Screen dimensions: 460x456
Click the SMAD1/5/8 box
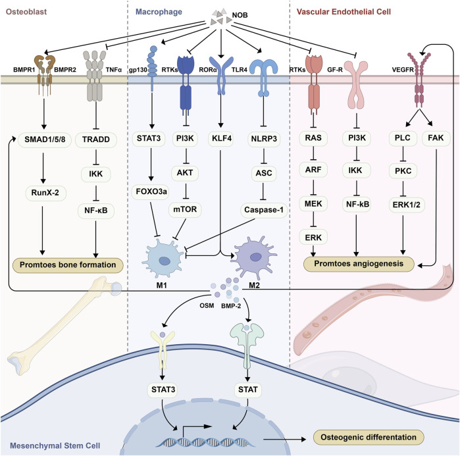click(45, 139)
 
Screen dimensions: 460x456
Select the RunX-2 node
click(45, 193)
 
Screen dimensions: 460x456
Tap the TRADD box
click(96, 139)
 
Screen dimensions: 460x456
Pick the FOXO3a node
click(151, 191)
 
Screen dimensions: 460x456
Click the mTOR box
click(185, 209)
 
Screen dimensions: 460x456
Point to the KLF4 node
click(222, 138)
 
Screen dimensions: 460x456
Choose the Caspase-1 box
click(264, 210)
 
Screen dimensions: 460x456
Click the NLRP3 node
click(264, 138)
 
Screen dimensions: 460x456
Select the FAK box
click(436, 138)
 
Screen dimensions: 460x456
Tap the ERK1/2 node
click(406, 205)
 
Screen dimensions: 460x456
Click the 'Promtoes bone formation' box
click(68, 265)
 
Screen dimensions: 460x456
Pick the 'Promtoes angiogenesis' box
click(359, 264)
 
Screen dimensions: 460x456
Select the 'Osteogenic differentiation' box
click(369, 437)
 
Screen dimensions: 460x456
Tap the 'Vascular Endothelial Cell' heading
click(344, 12)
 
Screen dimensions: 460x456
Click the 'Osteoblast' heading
click(26, 12)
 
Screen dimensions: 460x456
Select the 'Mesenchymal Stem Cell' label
click(55, 445)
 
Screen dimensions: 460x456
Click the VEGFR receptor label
click(403, 70)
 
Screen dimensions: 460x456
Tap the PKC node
click(403, 170)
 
